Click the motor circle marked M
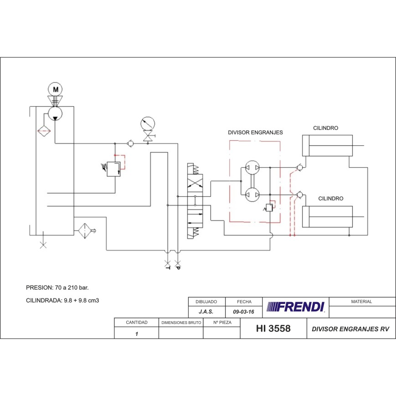tap(56, 89)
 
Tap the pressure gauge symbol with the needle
tap(148, 123)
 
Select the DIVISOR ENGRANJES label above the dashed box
tap(255, 133)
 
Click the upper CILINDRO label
tap(325, 128)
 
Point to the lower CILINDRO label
tap(330, 199)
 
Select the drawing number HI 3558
tap(273, 329)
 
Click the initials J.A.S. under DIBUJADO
tap(206, 313)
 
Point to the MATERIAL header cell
tap(361, 302)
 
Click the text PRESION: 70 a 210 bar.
tap(57, 288)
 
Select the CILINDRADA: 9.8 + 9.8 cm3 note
tap(62, 300)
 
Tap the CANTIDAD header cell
tap(136, 323)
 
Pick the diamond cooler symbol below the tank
tap(85, 231)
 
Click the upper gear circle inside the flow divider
tap(252, 168)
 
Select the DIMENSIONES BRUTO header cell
tap(181, 323)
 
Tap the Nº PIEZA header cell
tap(222, 323)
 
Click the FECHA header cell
tap(244, 302)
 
